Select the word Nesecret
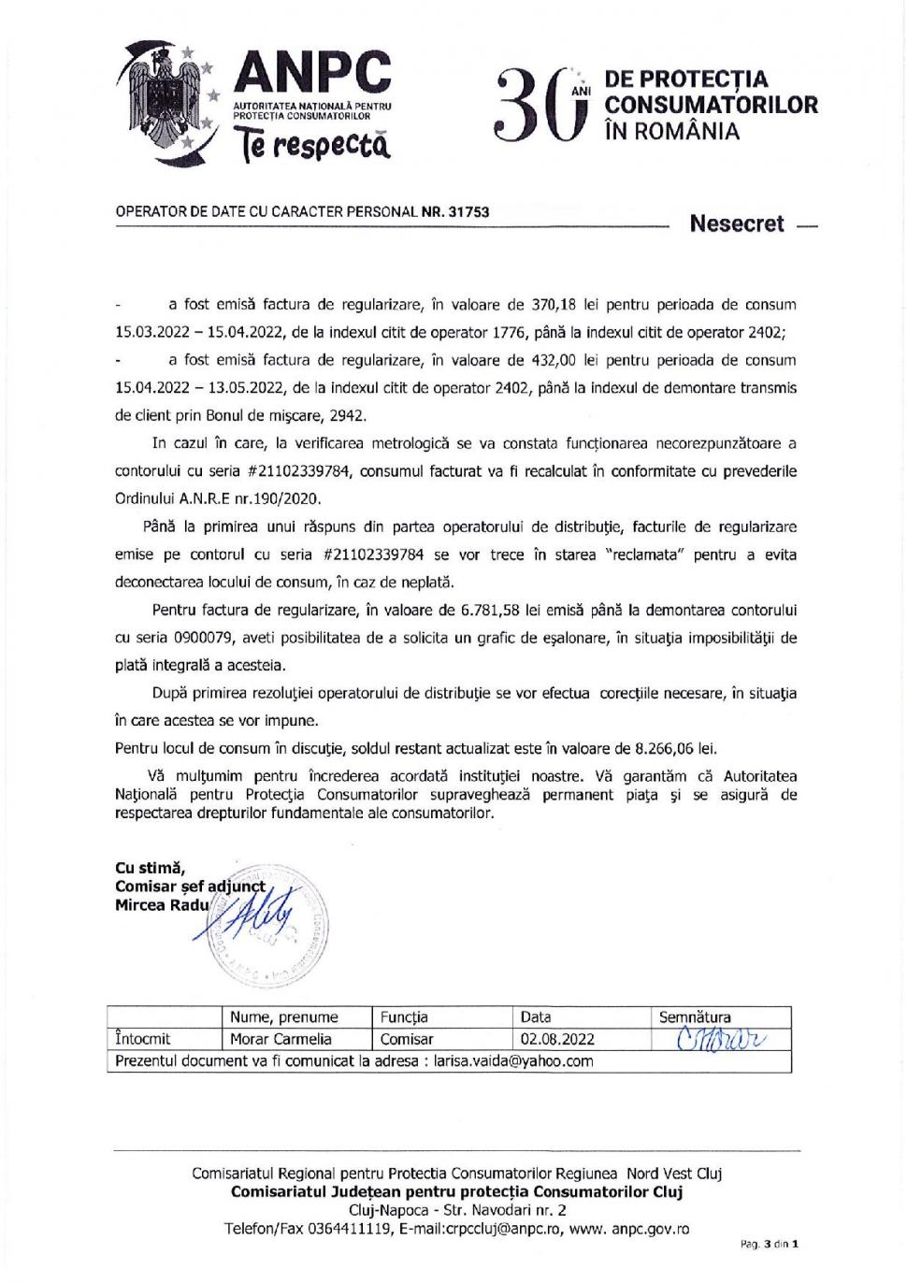click(x=736, y=224)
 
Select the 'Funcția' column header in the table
click(x=404, y=1016)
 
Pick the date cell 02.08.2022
click(x=557, y=1039)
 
